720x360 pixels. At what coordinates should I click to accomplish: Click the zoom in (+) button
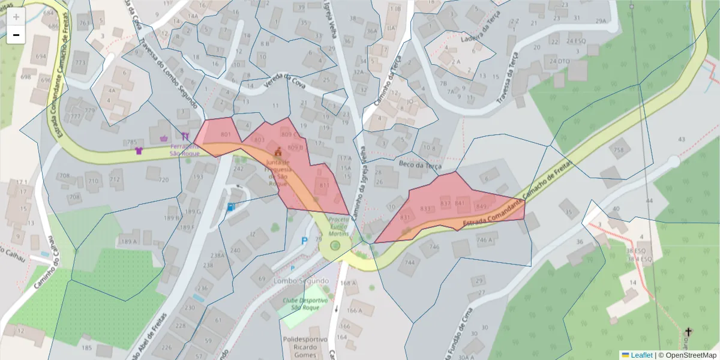pos(16,17)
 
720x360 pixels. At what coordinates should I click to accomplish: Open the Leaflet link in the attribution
pos(641,355)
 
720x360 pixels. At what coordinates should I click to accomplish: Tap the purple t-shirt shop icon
pos(140,150)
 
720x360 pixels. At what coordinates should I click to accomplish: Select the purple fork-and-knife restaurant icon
pos(185,136)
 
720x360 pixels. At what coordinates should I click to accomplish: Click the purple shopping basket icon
pos(164,138)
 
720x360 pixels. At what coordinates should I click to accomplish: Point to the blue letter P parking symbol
pos(304,241)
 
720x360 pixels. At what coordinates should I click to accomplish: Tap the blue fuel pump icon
pos(231,207)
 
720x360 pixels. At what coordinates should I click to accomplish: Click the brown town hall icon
pos(278,152)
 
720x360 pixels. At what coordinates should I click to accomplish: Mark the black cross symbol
pos(688,332)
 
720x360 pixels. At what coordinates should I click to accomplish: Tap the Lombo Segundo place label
pos(301,281)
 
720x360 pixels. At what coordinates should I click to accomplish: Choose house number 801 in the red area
pos(226,134)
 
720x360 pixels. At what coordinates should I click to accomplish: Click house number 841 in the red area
pos(460,203)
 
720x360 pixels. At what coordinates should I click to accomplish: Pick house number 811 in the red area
pos(325,185)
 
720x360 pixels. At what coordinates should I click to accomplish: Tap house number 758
pos(618,149)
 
